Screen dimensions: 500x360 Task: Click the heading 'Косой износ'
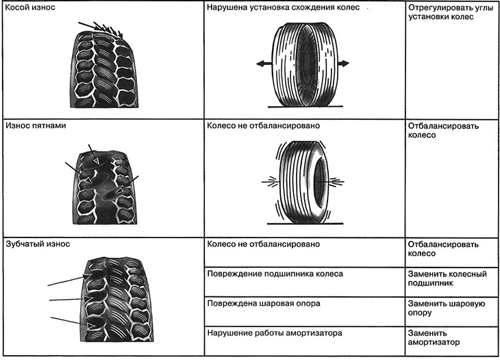(x=30, y=8)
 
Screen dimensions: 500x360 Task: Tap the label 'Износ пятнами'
(x=36, y=125)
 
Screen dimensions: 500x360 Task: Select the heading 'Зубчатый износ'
(x=38, y=244)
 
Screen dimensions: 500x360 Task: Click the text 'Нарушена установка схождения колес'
(x=283, y=8)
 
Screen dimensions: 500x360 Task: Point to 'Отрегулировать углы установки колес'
(x=451, y=12)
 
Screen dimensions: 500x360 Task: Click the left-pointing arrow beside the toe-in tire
(x=264, y=64)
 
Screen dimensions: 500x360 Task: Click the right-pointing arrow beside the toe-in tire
(x=343, y=64)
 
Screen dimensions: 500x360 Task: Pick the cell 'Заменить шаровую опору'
(x=447, y=308)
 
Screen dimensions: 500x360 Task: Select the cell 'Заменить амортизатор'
(x=434, y=337)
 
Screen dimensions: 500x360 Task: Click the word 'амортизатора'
(x=314, y=333)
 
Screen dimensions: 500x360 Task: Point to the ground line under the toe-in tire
(x=305, y=106)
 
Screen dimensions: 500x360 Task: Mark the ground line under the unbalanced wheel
(x=305, y=224)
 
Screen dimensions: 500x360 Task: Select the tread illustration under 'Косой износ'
(x=104, y=68)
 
